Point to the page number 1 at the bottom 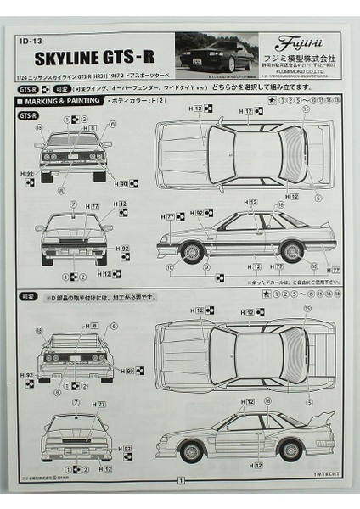click(x=180, y=479)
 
